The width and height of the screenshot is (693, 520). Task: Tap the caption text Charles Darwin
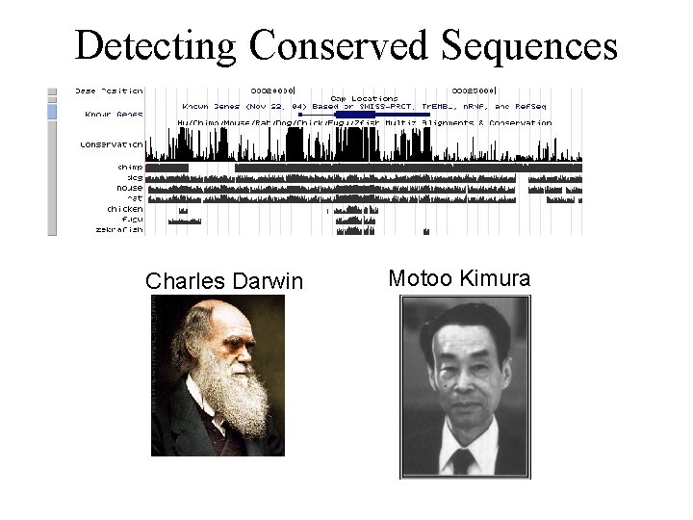tap(223, 281)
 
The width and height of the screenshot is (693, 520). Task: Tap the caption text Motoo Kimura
tap(458, 279)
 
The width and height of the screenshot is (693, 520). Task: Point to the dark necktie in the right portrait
tap(463, 460)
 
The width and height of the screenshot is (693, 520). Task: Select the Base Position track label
tap(109, 91)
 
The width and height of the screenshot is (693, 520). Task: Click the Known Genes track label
tap(114, 114)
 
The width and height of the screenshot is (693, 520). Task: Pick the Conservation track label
tap(112, 144)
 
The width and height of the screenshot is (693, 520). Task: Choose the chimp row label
tap(130, 167)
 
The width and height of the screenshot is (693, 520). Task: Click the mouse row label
tap(129, 188)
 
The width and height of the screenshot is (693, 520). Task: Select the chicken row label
tap(125, 209)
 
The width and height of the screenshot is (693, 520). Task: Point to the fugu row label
tap(130, 220)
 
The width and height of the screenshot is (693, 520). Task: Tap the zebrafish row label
tap(119, 230)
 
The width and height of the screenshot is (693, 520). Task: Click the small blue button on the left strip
tap(53, 112)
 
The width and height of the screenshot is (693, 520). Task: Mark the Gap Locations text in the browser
tap(364, 98)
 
